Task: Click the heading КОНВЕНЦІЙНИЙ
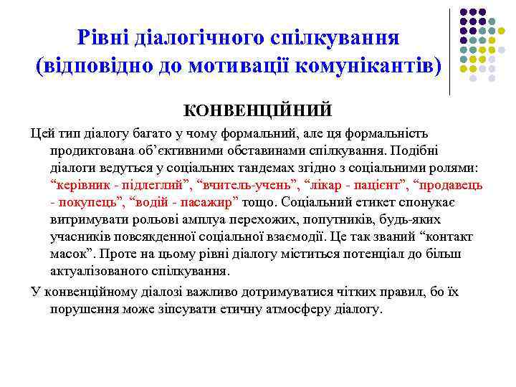(x=258, y=111)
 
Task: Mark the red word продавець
(x=446, y=186)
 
